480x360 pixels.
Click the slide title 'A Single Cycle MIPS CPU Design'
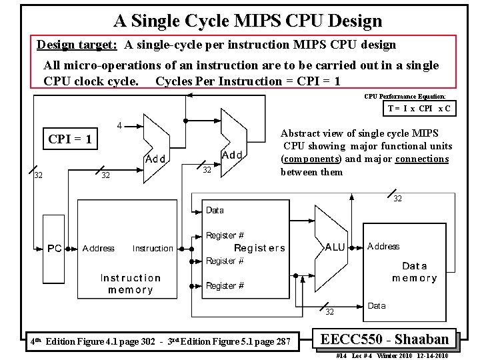247,21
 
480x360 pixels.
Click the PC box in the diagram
55,248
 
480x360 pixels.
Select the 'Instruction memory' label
131,283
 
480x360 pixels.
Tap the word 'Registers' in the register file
259,248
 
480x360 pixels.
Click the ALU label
335,247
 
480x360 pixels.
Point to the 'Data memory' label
414,272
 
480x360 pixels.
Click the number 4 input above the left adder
119,125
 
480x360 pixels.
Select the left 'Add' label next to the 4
155,159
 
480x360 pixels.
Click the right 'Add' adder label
232,155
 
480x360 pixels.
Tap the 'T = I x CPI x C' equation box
419,109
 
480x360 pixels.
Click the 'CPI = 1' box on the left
70,141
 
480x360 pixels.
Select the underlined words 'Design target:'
77,45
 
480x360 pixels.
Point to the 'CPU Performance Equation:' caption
409,96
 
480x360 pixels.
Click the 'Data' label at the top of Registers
215,211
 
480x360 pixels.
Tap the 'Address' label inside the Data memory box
383,247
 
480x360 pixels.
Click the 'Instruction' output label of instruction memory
153,249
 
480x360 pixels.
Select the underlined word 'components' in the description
311,159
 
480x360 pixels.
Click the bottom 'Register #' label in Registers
225,286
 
